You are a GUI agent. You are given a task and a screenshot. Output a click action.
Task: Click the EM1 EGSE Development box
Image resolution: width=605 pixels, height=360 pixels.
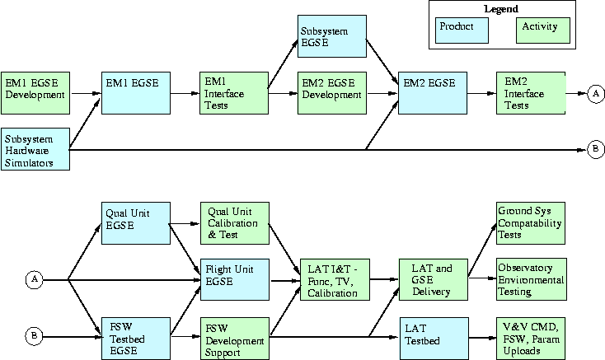click(x=35, y=93)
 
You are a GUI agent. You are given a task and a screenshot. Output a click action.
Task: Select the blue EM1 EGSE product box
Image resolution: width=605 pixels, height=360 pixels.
click(x=134, y=93)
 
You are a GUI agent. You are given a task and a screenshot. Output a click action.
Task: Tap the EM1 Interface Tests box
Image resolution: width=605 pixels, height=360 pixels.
click(x=234, y=93)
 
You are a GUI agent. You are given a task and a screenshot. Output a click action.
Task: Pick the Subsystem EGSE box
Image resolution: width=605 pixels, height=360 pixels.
click(x=332, y=37)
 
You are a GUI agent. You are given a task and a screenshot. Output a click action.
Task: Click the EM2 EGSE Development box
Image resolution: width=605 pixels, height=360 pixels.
click(x=332, y=93)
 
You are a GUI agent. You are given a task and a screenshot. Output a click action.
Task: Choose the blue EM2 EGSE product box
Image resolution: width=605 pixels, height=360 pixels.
click(x=432, y=93)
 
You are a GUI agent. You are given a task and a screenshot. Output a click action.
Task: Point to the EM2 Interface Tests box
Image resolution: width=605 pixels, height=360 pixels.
click(x=531, y=93)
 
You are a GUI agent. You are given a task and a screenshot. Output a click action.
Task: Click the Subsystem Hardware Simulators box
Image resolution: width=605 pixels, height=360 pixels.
click(x=35, y=149)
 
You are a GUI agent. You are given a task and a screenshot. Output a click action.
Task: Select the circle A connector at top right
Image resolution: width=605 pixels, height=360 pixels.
click(x=597, y=94)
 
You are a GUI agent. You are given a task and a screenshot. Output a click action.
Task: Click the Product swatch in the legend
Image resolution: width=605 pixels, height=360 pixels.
click(x=462, y=30)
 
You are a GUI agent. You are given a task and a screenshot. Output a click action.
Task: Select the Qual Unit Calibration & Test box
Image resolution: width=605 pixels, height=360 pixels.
click(x=234, y=222)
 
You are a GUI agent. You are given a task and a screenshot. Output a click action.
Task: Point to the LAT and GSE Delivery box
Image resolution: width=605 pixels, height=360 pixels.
click(x=432, y=279)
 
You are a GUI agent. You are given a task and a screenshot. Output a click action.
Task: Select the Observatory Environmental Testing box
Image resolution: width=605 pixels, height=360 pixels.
click(x=531, y=279)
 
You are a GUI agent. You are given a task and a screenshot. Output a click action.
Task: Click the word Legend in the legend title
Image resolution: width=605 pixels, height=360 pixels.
click(x=501, y=9)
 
